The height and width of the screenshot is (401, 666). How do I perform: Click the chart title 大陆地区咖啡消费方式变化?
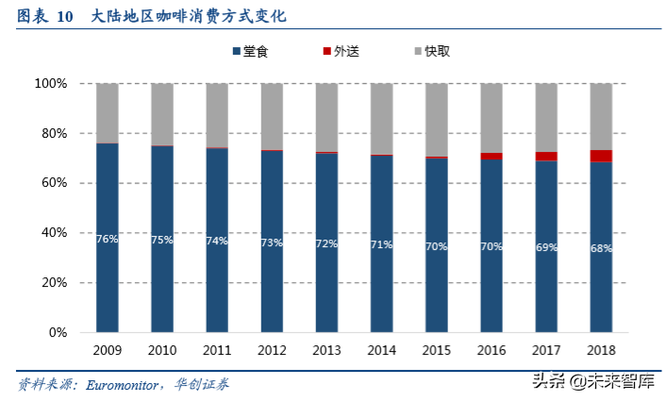190,17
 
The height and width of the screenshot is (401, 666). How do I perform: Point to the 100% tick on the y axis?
51,84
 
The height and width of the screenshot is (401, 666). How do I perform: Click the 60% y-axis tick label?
54,183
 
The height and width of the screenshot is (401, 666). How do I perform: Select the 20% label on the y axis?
54,283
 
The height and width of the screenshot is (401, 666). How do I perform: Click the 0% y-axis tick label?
58,333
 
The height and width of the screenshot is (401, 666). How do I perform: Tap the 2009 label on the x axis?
107,350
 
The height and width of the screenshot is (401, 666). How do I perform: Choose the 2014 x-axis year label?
381,350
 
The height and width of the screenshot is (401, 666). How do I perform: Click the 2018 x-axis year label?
601,350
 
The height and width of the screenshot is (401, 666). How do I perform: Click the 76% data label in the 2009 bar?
107,240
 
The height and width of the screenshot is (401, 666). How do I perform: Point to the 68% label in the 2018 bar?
601,248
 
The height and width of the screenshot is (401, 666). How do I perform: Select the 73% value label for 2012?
272,242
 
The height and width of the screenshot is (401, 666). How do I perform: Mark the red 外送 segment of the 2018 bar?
601,156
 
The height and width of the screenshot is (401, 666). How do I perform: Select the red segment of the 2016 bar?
491,156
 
